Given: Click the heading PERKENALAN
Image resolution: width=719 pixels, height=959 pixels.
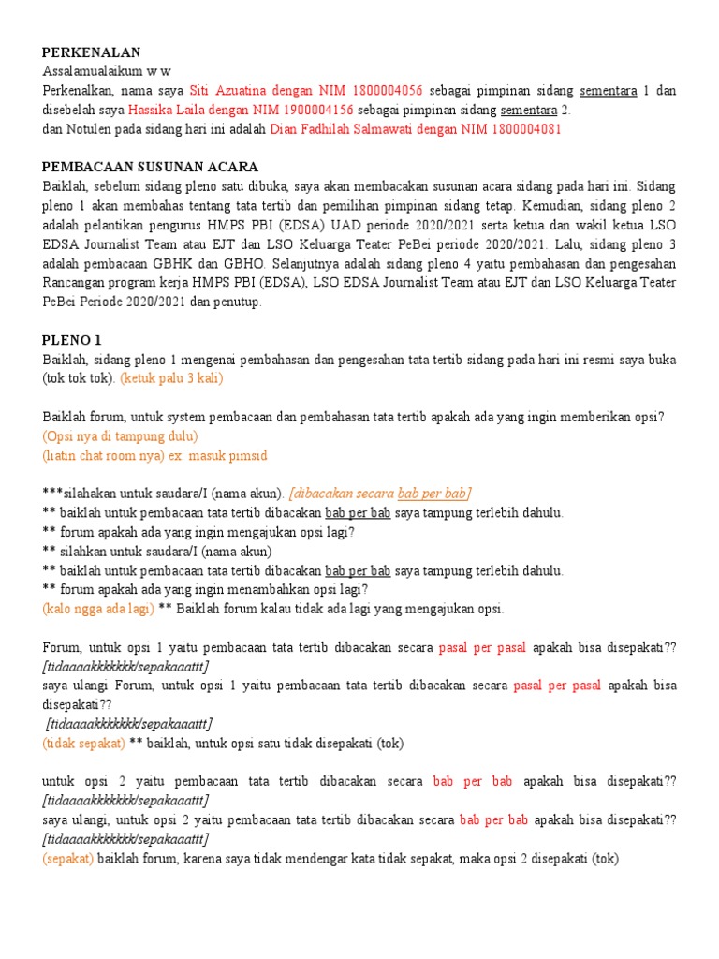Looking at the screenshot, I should (x=91, y=52).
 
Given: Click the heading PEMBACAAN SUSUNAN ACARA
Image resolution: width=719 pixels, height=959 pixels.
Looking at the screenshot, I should (x=150, y=167).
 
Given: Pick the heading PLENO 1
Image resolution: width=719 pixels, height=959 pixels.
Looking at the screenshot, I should (x=72, y=340).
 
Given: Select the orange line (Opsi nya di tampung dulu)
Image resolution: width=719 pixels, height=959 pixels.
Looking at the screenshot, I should (x=120, y=435).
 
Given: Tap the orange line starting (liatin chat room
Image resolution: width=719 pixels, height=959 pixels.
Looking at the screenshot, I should (x=154, y=455).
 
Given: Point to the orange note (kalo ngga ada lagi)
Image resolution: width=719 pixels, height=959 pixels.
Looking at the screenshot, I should (x=98, y=609).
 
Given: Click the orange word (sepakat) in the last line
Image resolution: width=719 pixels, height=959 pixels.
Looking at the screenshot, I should (x=68, y=858).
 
